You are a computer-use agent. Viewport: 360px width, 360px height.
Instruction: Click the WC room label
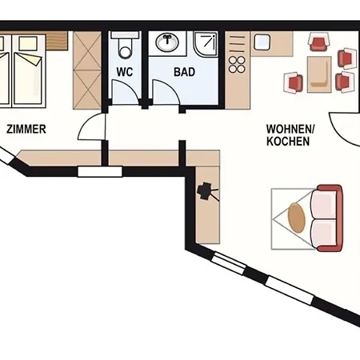point(125,72)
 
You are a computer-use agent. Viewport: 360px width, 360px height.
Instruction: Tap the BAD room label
point(185,72)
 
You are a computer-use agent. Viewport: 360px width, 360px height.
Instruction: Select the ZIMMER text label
point(26,129)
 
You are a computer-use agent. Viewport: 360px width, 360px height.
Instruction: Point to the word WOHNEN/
point(290,129)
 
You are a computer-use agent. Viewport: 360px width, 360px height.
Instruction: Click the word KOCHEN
point(288,142)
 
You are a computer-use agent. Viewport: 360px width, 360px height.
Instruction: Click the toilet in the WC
point(125,45)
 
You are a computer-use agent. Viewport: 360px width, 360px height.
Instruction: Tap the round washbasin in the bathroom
point(167,42)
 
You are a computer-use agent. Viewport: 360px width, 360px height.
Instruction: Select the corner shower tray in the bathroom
point(206,44)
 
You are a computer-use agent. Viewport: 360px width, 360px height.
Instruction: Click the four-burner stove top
point(237,65)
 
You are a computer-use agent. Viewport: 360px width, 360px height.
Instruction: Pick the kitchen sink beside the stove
point(262,42)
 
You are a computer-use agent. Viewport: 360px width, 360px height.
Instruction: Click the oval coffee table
point(296,218)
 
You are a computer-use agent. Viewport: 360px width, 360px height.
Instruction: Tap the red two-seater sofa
point(327,218)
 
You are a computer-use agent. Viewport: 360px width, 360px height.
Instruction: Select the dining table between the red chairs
point(319,74)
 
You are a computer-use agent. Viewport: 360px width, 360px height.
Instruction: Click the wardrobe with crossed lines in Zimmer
point(87,70)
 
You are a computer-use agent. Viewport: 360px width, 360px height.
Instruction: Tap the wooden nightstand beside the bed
point(57,41)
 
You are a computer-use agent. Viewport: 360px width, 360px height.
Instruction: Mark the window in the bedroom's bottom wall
point(100,171)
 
